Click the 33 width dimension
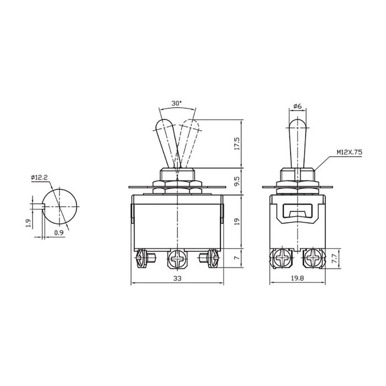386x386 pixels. [x=177, y=279]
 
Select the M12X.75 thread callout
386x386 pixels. [x=347, y=156]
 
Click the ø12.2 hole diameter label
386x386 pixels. [x=40, y=177]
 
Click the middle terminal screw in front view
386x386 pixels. [x=178, y=258]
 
